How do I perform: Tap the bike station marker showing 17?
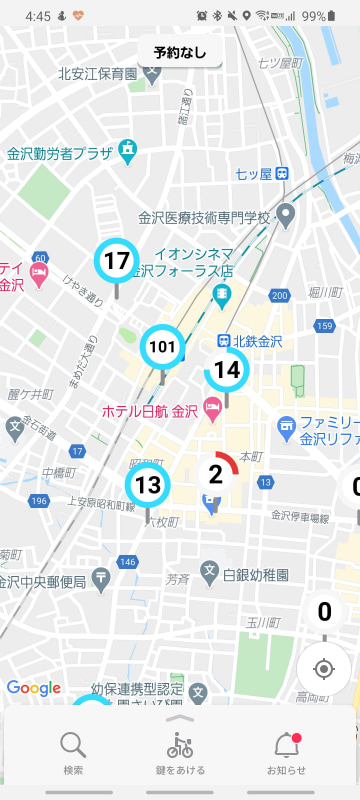click(117, 262)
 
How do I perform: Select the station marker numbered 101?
click(162, 347)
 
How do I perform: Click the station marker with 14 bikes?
click(227, 370)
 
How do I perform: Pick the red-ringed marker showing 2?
click(215, 474)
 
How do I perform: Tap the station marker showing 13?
click(148, 486)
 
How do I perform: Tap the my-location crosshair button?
click(323, 669)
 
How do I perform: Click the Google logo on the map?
click(33, 688)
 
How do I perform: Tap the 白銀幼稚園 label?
click(256, 575)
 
